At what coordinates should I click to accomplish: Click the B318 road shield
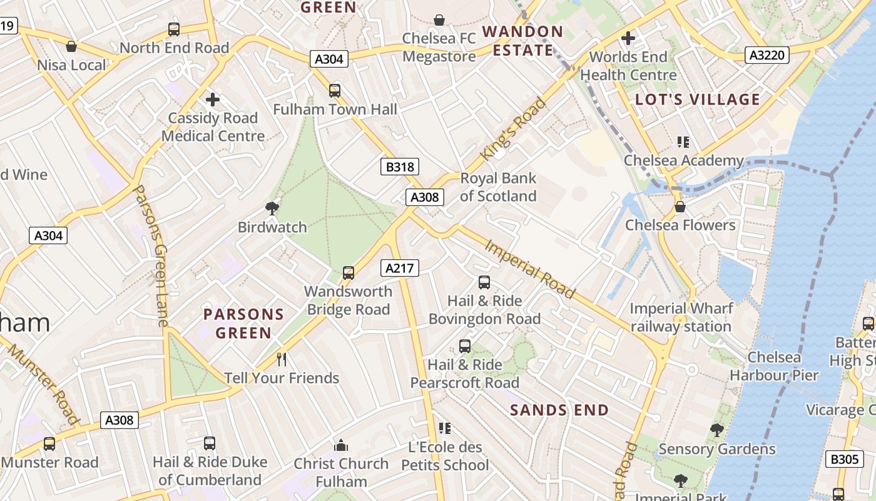(399, 167)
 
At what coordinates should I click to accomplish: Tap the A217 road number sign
(399, 268)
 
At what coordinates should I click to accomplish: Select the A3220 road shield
(767, 55)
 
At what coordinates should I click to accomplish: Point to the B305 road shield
(844, 460)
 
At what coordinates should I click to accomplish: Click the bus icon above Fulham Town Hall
(335, 90)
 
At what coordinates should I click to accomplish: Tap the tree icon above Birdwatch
(272, 208)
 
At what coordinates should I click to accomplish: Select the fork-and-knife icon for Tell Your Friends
(282, 359)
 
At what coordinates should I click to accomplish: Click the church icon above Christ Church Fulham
(341, 445)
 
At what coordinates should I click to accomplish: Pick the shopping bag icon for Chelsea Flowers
(680, 206)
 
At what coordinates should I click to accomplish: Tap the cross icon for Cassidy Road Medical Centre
(213, 99)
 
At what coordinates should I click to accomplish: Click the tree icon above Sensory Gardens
(717, 430)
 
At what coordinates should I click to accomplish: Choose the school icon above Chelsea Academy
(683, 142)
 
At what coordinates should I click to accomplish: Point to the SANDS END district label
(559, 410)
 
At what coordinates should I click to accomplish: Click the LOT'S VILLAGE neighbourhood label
(698, 99)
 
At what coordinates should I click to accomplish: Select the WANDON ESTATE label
(522, 41)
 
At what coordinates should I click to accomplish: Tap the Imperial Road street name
(530, 269)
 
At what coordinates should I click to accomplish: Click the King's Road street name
(512, 129)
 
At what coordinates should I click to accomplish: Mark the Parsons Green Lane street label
(151, 256)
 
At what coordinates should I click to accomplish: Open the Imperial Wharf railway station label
(681, 318)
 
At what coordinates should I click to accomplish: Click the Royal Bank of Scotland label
(498, 187)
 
